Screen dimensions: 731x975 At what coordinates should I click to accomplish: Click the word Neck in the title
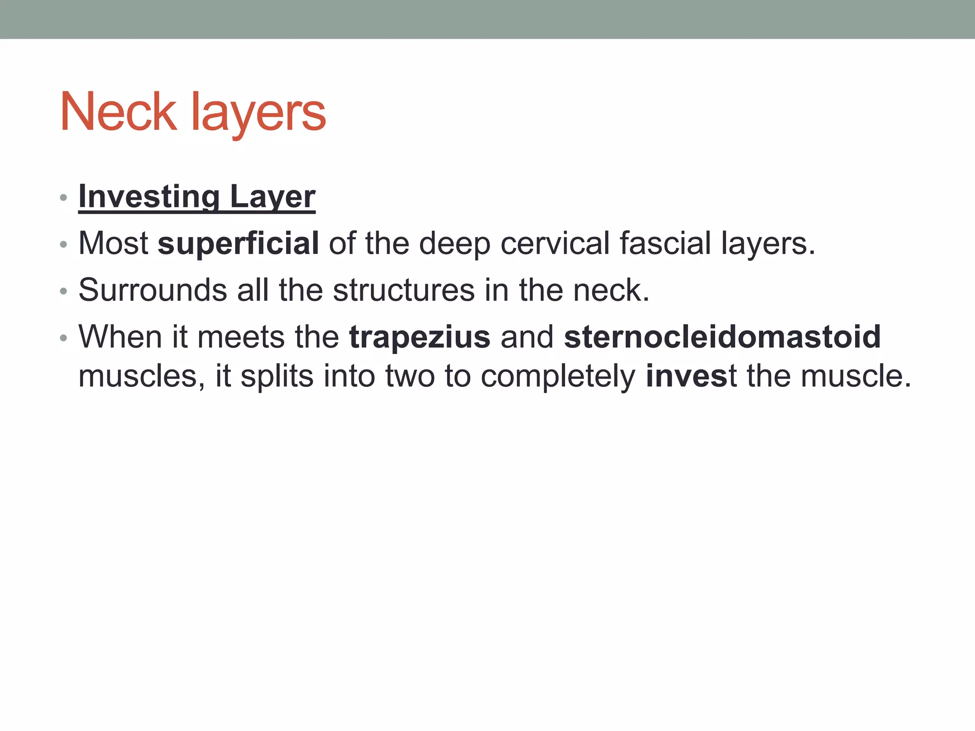click(x=118, y=112)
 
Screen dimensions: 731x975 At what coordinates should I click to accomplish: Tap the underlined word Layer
click(x=272, y=197)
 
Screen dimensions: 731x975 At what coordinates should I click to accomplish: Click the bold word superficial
click(x=238, y=243)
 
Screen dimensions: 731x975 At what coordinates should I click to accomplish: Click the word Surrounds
click(x=152, y=289)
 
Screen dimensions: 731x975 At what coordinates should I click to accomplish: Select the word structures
click(x=404, y=289)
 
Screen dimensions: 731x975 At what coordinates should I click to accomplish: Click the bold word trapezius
click(x=419, y=337)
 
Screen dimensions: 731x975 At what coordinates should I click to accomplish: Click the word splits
click(x=277, y=376)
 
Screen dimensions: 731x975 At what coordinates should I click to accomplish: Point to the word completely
click(x=558, y=376)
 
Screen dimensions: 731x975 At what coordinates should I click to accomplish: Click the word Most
click(x=113, y=243)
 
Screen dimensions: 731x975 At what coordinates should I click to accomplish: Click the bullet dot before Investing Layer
click(x=63, y=198)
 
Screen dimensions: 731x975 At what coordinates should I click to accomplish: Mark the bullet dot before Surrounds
click(x=63, y=291)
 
